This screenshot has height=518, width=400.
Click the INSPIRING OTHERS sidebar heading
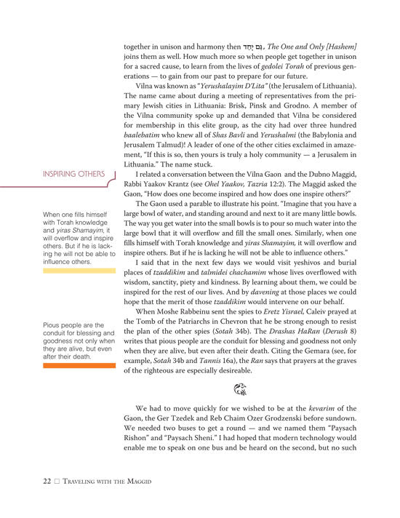(74, 174)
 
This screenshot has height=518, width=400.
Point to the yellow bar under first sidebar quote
(79, 270)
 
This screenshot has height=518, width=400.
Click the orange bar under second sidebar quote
(79, 366)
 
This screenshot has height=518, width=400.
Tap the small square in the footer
(57, 482)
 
